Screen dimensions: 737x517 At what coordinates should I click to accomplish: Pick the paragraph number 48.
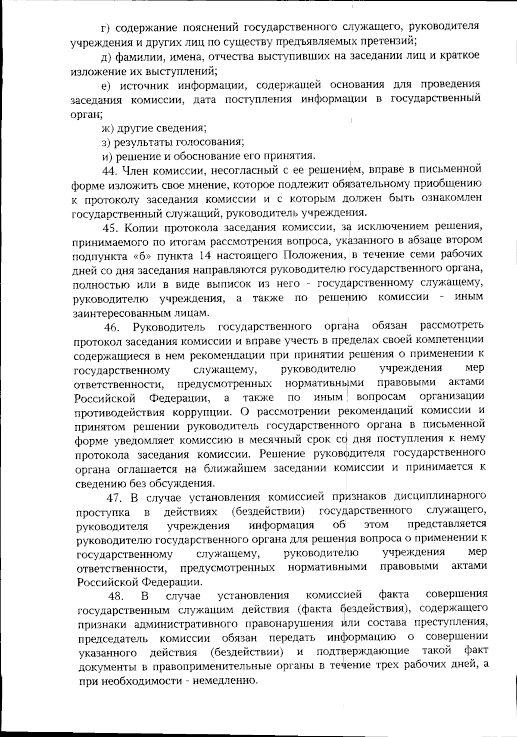pos(115,596)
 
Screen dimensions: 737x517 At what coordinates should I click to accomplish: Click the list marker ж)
pos(106,128)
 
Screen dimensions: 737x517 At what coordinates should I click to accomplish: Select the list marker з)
pos(106,142)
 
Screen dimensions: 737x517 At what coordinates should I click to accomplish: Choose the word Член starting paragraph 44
pos(137,171)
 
